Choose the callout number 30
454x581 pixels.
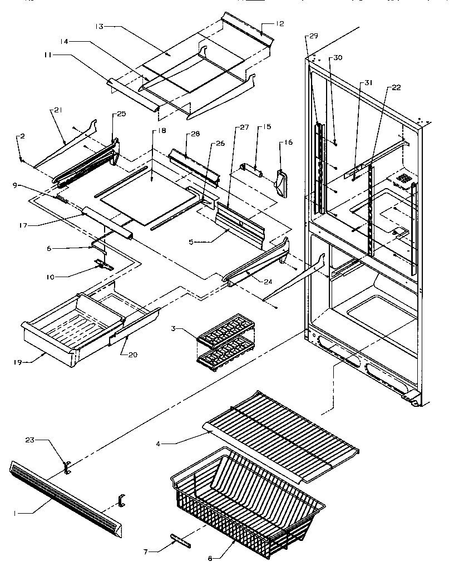pyautogui.click(x=338, y=57)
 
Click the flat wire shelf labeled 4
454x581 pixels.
pyautogui.click(x=284, y=429)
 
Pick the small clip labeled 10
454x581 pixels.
pyautogui.click(x=103, y=264)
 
